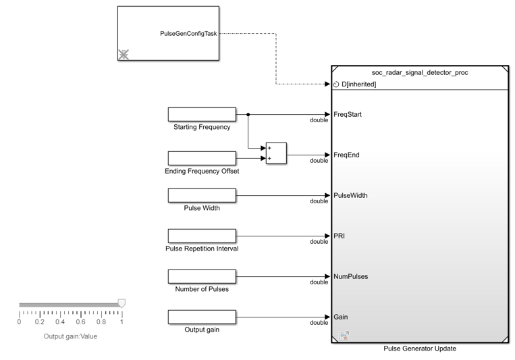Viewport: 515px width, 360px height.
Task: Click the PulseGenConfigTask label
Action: (188, 33)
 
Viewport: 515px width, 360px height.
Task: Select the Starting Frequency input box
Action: (202, 114)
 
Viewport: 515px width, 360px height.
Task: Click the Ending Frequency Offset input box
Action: (202, 158)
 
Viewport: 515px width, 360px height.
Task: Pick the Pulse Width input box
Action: (202, 195)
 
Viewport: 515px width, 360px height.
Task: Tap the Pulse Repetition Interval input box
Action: (202, 236)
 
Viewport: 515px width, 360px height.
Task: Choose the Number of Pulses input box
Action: (202, 276)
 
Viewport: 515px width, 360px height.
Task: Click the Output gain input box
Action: (202, 317)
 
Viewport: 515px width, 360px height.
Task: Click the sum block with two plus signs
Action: (276, 153)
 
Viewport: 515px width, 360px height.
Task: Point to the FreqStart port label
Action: (348, 114)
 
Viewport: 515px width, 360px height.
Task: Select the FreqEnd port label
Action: (346, 155)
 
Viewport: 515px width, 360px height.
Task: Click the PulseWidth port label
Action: (350, 195)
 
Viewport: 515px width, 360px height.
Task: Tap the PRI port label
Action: (340, 236)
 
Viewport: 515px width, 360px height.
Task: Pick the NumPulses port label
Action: (350, 276)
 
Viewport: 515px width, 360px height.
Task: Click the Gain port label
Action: (341, 317)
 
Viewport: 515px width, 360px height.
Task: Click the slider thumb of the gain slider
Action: (121, 303)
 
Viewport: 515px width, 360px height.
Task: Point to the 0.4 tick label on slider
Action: (61, 322)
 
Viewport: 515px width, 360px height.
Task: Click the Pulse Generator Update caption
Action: (419, 349)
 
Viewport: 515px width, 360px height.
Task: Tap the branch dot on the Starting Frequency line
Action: (249, 115)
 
